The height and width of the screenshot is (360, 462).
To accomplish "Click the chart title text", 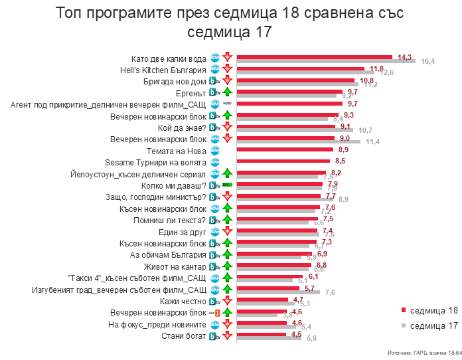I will [230, 23].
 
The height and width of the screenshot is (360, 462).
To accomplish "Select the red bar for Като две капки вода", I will [315, 56].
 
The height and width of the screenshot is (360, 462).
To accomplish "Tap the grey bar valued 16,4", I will [326, 61].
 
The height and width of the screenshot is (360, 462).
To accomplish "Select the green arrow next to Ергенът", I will [227, 92].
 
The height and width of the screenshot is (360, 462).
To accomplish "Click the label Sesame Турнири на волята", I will [156, 161].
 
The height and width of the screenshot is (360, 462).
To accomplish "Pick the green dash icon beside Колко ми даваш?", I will [227, 185].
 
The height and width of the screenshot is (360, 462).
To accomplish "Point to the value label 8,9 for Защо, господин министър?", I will [343, 199].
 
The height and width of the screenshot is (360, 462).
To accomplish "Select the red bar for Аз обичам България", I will [274, 254].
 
